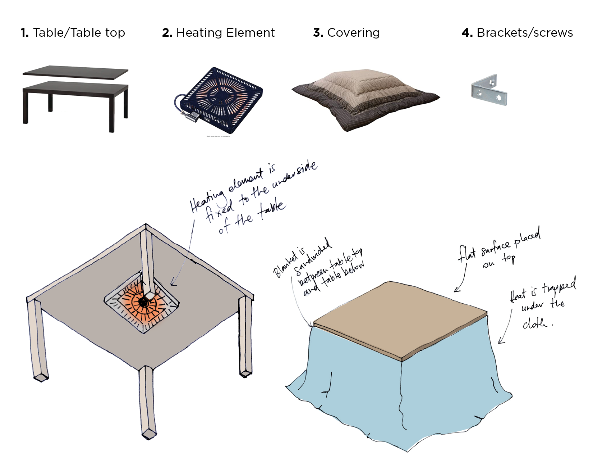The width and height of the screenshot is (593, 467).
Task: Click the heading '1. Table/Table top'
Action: [73, 33]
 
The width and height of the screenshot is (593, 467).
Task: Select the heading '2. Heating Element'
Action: [219, 33]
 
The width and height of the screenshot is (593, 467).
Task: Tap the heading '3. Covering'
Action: [346, 33]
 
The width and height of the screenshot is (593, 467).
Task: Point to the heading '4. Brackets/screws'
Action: [517, 33]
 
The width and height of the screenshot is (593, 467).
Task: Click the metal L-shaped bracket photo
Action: [489, 90]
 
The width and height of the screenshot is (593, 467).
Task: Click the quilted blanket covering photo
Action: [366, 99]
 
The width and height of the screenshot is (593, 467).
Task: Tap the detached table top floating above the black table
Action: [75, 72]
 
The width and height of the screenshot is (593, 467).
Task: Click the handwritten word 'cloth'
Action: [535, 323]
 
